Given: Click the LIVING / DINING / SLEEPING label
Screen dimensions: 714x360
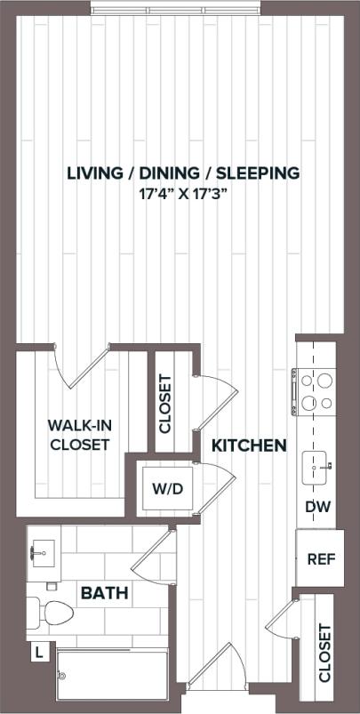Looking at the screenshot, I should pos(183,172).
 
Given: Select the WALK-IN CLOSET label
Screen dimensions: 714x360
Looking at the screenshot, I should pos(79,435).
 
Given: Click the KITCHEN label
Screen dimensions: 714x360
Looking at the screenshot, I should pos(249,445).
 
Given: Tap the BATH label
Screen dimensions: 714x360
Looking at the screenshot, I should pos(105,592).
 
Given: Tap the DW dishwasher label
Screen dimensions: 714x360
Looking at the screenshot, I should pos(317,507).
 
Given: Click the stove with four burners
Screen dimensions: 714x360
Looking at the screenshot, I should pos(317,391).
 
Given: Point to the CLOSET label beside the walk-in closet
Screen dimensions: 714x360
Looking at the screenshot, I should pos(165,403).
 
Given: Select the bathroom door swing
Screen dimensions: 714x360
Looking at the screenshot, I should pos(151,554).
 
